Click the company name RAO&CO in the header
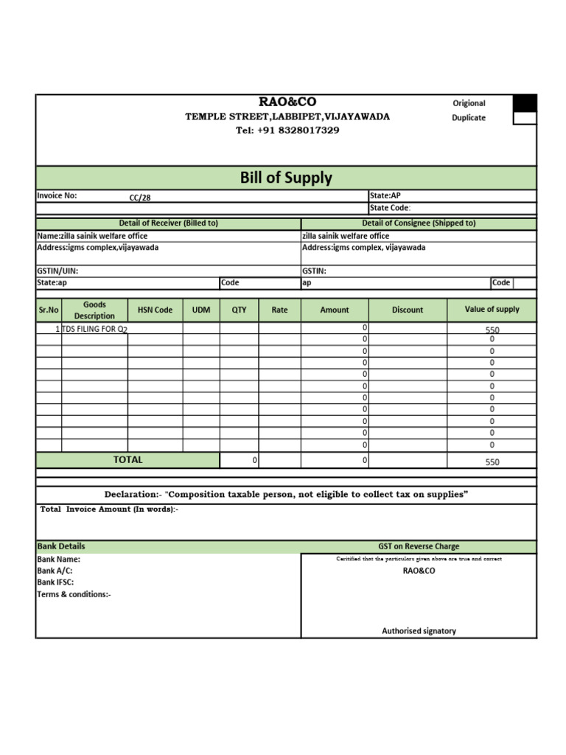click(x=287, y=102)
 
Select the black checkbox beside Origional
click(x=524, y=103)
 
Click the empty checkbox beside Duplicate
click(x=524, y=118)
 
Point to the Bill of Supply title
click(x=286, y=178)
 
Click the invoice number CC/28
click(x=139, y=198)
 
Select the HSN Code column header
click(x=155, y=310)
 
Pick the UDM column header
click(x=201, y=310)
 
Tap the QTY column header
click(x=240, y=310)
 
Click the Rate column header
click(x=280, y=310)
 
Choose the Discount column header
click(x=408, y=310)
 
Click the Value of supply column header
click(x=492, y=310)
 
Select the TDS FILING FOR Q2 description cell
click(x=94, y=330)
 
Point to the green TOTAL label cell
click(x=127, y=460)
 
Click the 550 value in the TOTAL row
click(x=492, y=462)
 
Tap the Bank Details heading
click(x=61, y=546)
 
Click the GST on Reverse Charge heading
click(x=419, y=546)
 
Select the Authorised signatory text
click(x=419, y=631)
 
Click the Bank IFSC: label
click(x=56, y=582)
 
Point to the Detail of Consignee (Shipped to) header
click(x=419, y=223)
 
